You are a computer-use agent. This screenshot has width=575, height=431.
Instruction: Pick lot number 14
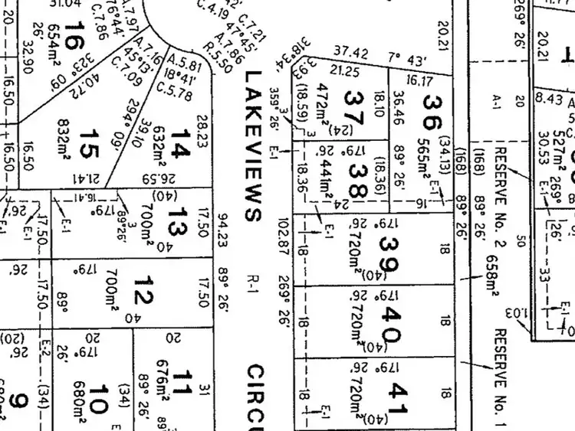click(x=179, y=142)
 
